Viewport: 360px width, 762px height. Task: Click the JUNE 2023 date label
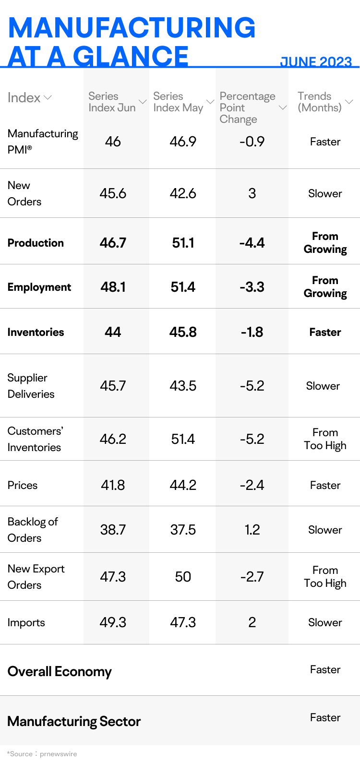pyautogui.click(x=316, y=61)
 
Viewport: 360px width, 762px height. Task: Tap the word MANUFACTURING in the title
pyautogui.click(x=132, y=28)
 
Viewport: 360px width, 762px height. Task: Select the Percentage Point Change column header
pyautogui.click(x=247, y=108)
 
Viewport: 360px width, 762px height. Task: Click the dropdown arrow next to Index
pyautogui.click(x=48, y=98)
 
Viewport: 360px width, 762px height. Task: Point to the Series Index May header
pyautogui.click(x=178, y=102)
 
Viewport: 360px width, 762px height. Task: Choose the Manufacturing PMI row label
pyautogui.click(x=43, y=142)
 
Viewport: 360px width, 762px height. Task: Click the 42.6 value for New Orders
pyautogui.click(x=183, y=193)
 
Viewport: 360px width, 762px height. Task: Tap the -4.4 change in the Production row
pyautogui.click(x=252, y=243)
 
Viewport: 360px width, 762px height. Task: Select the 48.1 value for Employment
pyautogui.click(x=113, y=287)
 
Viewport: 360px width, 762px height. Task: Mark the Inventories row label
pyautogui.click(x=36, y=332)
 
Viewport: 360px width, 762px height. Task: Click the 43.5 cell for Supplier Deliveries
pyautogui.click(x=183, y=386)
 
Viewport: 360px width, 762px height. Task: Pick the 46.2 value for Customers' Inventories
pyautogui.click(x=113, y=439)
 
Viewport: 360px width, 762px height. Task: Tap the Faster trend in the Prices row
pyautogui.click(x=325, y=485)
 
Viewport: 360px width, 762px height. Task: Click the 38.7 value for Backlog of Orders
pyautogui.click(x=113, y=530)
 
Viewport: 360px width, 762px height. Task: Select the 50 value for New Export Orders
pyautogui.click(x=183, y=577)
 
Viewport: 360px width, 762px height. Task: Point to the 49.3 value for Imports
pyautogui.click(x=113, y=622)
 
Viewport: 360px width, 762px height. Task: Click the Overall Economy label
pyautogui.click(x=60, y=671)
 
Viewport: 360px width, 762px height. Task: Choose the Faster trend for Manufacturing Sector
pyautogui.click(x=325, y=717)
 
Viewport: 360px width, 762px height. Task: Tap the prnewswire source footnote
pyautogui.click(x=42, y=754)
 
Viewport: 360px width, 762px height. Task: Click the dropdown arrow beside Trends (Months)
pyautogui.click(x=349, y=102)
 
